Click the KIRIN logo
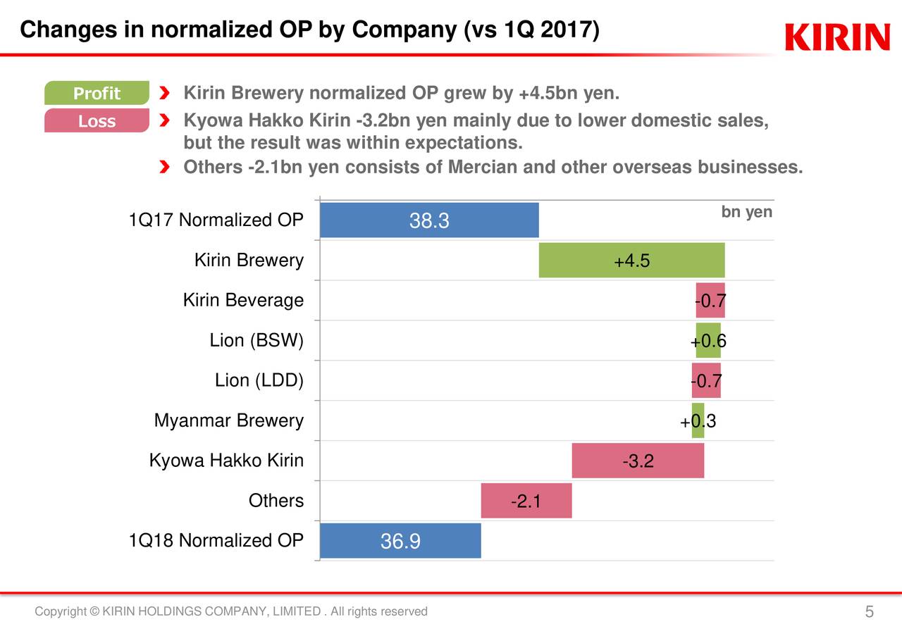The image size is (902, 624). [x=837, y=37]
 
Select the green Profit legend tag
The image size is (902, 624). [x=97, y=93]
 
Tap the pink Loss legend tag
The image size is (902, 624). [x=97, y=121]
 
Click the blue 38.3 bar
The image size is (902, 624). [x=428, y=220]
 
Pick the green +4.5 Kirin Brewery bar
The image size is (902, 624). [x=631, y=261]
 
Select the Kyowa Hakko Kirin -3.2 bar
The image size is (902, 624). [x=637, y=461]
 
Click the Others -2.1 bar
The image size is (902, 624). [x=526, y=501]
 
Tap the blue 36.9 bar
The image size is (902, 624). [x=400, y=541]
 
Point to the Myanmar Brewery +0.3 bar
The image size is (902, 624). [x=698, y=421]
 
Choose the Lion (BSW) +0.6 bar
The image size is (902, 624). [x=708, y=341]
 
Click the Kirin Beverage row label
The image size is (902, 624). [x=243, y=301]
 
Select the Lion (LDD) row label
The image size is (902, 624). [x=259, y=381]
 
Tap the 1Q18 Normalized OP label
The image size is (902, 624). [x=216, y=541]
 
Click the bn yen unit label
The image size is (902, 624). [x=746, y=212]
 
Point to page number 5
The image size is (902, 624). [x=870, y=611]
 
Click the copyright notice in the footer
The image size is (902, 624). [x=231, y=611]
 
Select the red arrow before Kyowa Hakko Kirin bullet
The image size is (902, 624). [x=164, y=122]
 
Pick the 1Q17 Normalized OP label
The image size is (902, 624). [x=216, y=220]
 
